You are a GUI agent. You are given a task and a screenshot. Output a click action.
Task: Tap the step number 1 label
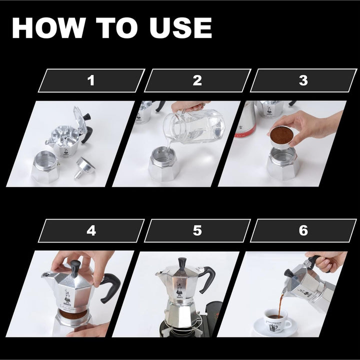coord(90,80)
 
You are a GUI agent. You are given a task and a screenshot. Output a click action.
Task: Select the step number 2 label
coord(197,80)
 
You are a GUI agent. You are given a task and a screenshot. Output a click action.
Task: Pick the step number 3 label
coord(303,80)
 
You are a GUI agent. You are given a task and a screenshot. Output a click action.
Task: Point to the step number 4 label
coord(90,230)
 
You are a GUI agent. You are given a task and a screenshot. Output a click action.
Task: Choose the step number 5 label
coord(197,230)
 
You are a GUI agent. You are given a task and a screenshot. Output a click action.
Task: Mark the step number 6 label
coord(303,230)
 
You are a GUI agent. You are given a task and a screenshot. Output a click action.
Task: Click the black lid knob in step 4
coord(75,267)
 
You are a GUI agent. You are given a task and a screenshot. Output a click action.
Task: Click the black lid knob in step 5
coord(182,263)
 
